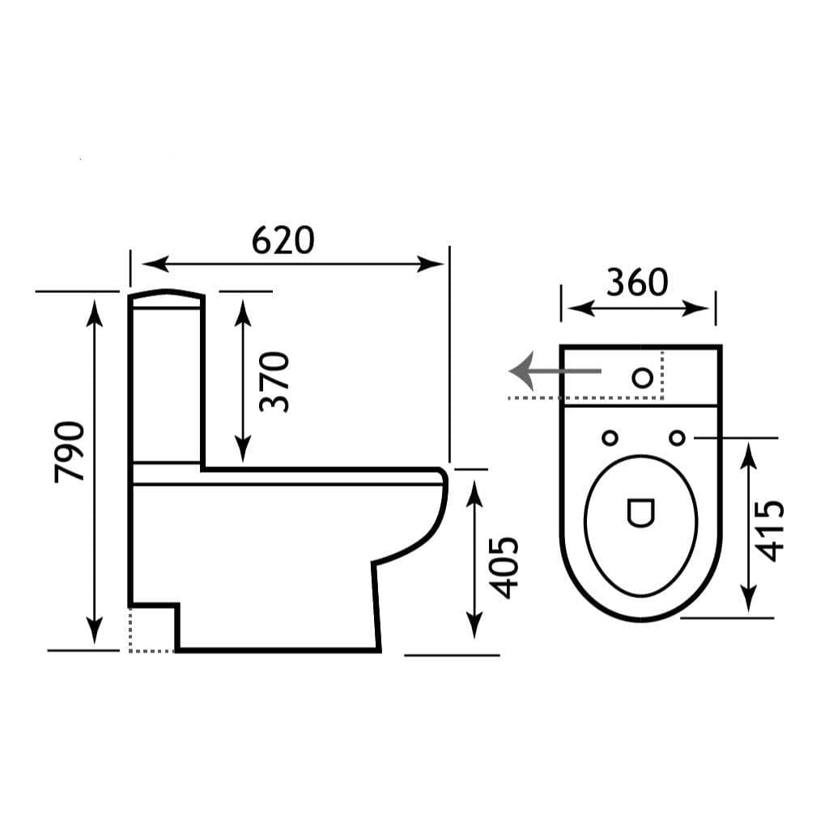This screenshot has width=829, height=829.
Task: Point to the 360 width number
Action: [x=637, y=282]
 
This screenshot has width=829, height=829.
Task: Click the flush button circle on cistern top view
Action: [x=643, y=377]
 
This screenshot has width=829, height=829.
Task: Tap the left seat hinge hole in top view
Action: [x=610, y=438]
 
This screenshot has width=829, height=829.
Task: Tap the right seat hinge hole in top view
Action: [x=678, y=438]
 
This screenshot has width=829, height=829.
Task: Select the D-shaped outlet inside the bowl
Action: [x=641, y=512]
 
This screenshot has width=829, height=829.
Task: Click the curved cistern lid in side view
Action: [x=166, y=295]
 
